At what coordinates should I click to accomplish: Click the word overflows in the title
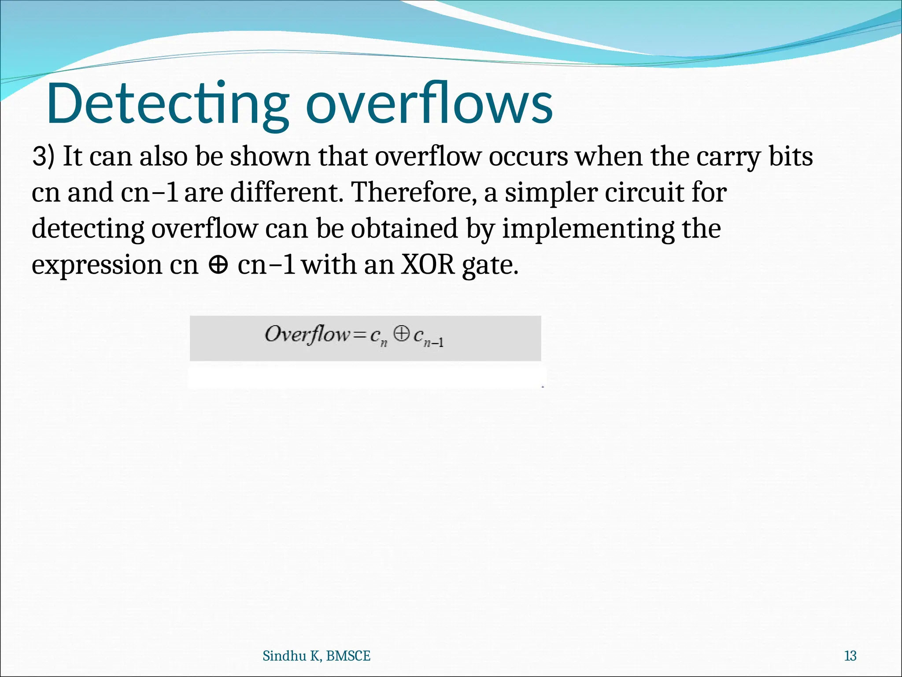click(429, 104)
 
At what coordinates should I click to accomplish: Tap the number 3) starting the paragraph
click(43, 157)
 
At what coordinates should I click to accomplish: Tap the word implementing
click(588, 230)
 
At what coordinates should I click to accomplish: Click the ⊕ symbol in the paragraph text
click(218, 265)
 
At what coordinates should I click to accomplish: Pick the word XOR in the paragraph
click(427, 265)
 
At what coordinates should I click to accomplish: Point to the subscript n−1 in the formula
click(433, 342)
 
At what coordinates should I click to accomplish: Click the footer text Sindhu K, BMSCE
click(316, 656)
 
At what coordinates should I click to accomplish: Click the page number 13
click(850, 656)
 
